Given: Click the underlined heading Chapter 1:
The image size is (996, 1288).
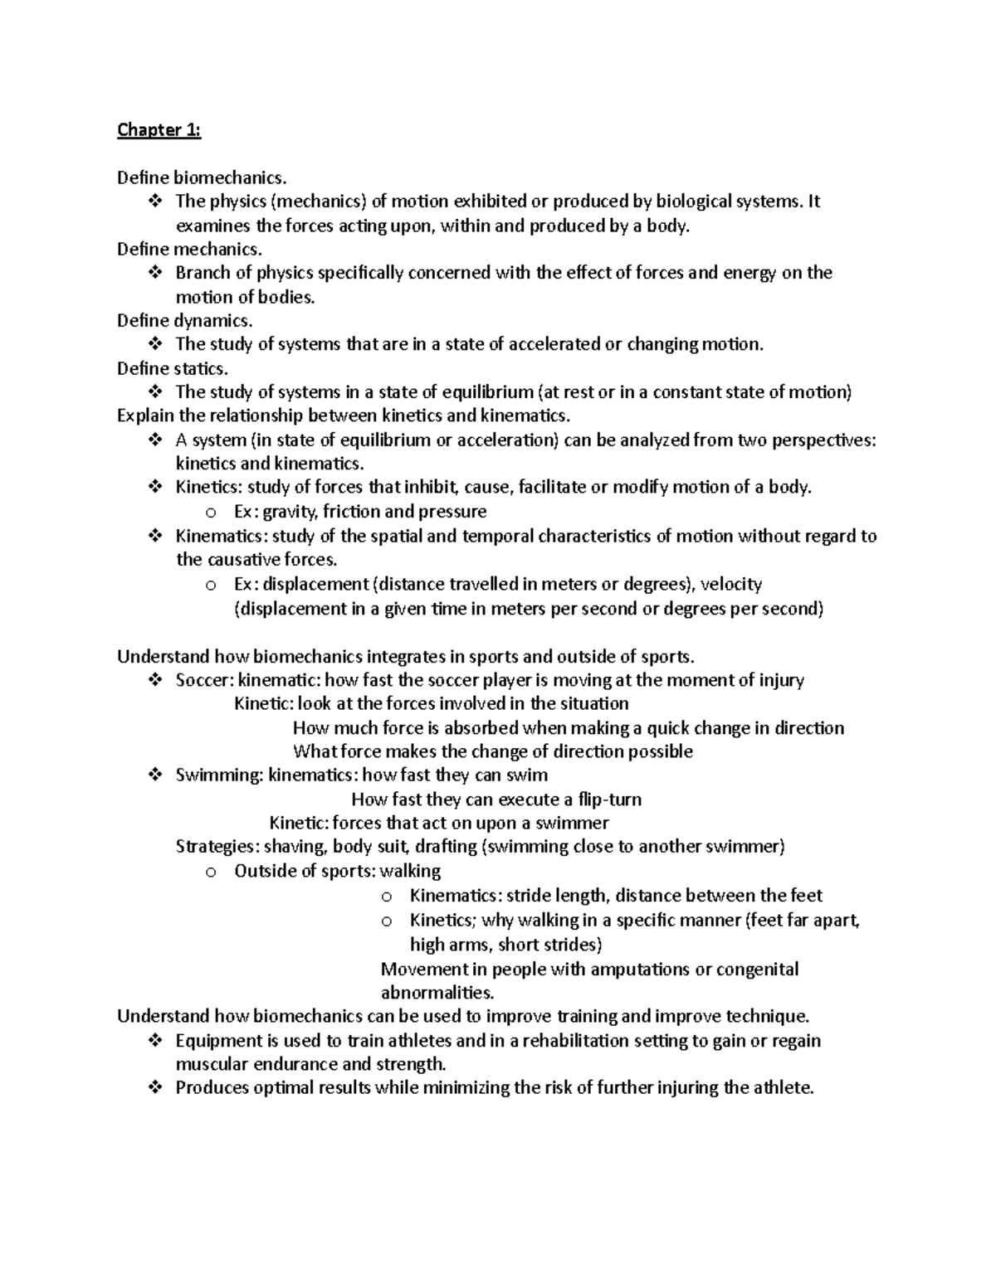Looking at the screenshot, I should pyautogui.click(x=159, y=129).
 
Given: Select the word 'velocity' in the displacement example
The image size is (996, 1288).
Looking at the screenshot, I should pyautogui.click(x=730, y=584).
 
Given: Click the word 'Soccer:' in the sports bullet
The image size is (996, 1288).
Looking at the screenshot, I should pyautogui.click(x=204, y=680).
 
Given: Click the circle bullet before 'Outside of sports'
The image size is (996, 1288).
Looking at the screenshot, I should pyautogui.click(x=212, y=872).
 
